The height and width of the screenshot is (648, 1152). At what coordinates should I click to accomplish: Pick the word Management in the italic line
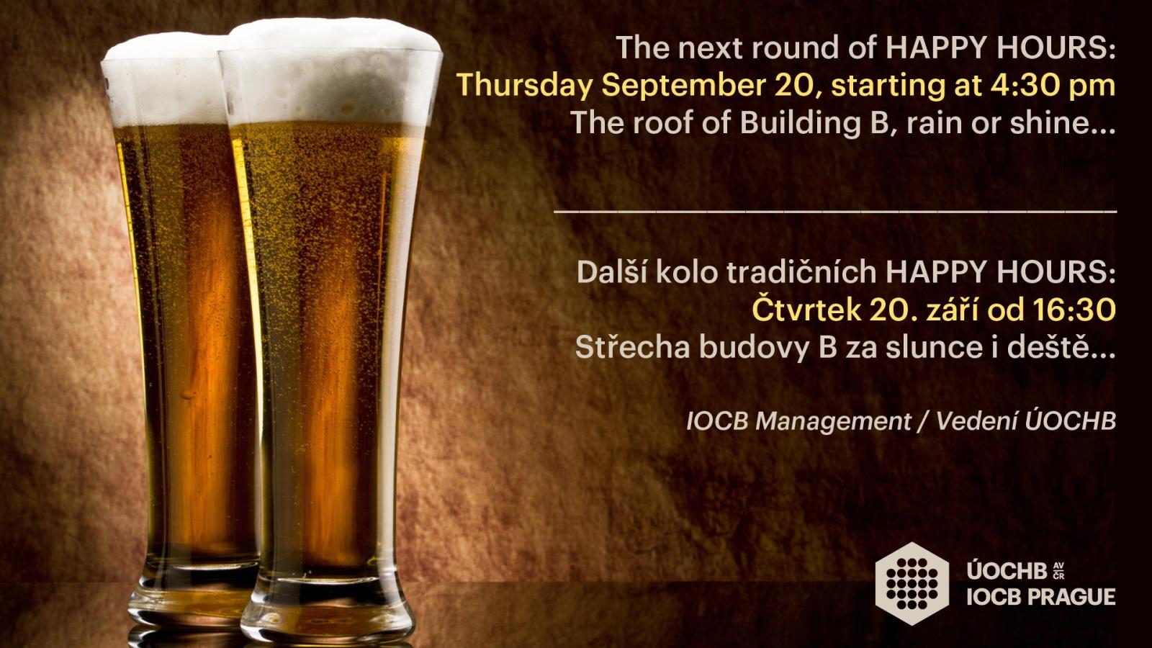[833, 422]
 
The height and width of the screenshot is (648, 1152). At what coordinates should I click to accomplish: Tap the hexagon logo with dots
[912, 584]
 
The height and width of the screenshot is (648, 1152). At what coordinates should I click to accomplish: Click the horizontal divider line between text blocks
[835, 212]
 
